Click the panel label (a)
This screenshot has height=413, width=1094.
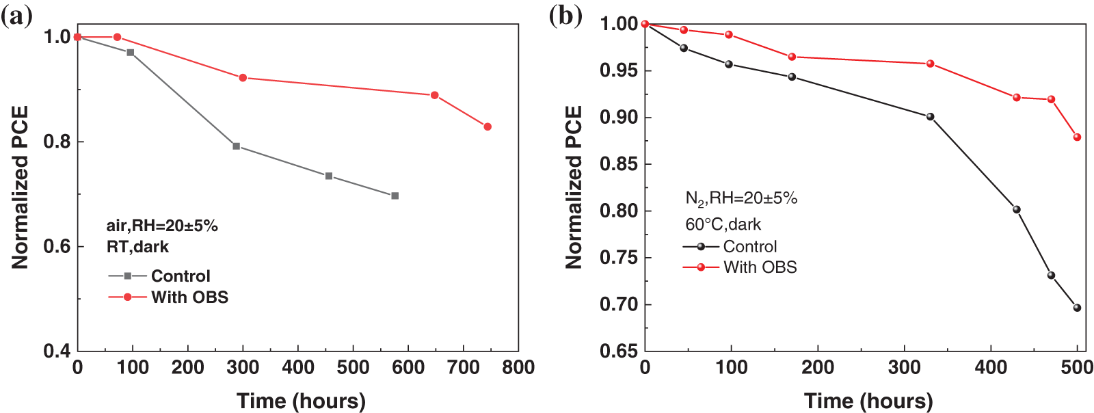tap(16, 16)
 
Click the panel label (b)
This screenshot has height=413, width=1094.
tap(565, 16)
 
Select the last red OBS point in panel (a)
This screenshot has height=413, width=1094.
tap(488, 126)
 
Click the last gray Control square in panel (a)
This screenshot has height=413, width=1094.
tap(395, 196)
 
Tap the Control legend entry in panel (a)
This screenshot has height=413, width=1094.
tap(181, 276)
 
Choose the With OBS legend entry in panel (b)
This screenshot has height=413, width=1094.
tap(760, 267)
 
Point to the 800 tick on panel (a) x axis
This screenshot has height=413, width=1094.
tap(518, 368)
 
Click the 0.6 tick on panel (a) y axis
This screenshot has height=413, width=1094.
tap(57, 246)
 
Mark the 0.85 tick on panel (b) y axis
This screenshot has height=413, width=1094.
tap(618, 164)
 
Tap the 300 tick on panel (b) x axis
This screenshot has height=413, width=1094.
tap(904, 368)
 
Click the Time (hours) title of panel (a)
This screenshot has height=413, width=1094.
tap(301, 401)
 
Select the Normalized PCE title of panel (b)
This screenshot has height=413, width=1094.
tap(574, 187)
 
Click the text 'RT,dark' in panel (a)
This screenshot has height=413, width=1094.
tap(137, 246)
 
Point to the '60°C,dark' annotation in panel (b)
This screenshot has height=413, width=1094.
tap(723, 224)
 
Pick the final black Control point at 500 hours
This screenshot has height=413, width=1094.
tap(1077, 308)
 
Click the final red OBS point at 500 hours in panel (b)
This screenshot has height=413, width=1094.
tap(1077, 137)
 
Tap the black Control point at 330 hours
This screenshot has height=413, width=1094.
tap(930, 117)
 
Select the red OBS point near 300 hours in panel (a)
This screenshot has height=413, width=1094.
tap(243, 78)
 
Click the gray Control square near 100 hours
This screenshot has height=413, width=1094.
tap(130, 53)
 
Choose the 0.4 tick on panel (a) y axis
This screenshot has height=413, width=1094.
tap(57, 351)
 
